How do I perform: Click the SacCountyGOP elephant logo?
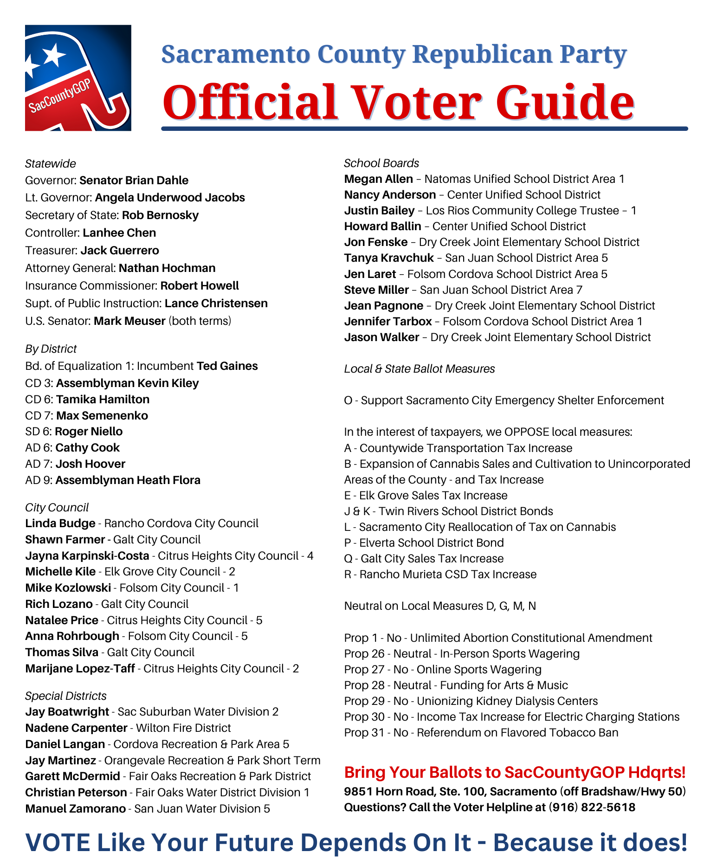pos(78,78)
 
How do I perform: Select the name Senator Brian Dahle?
pos(134,180)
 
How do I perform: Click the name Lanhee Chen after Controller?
pos(119,232)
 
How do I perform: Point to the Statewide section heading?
pos(51,163)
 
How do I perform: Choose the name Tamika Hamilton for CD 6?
pos(103,399)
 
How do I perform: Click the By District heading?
pos(51,349)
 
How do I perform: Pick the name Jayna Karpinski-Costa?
pos(87,555)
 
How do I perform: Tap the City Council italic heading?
pos(57,507)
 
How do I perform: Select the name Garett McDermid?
pos(72,776)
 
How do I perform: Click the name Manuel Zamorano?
pos(75,808)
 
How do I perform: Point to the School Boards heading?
pos(381,163)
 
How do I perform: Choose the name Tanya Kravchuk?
pos(389,258)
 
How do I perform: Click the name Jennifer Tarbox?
pos(388,321)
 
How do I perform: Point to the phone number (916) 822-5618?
pos(592,807)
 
